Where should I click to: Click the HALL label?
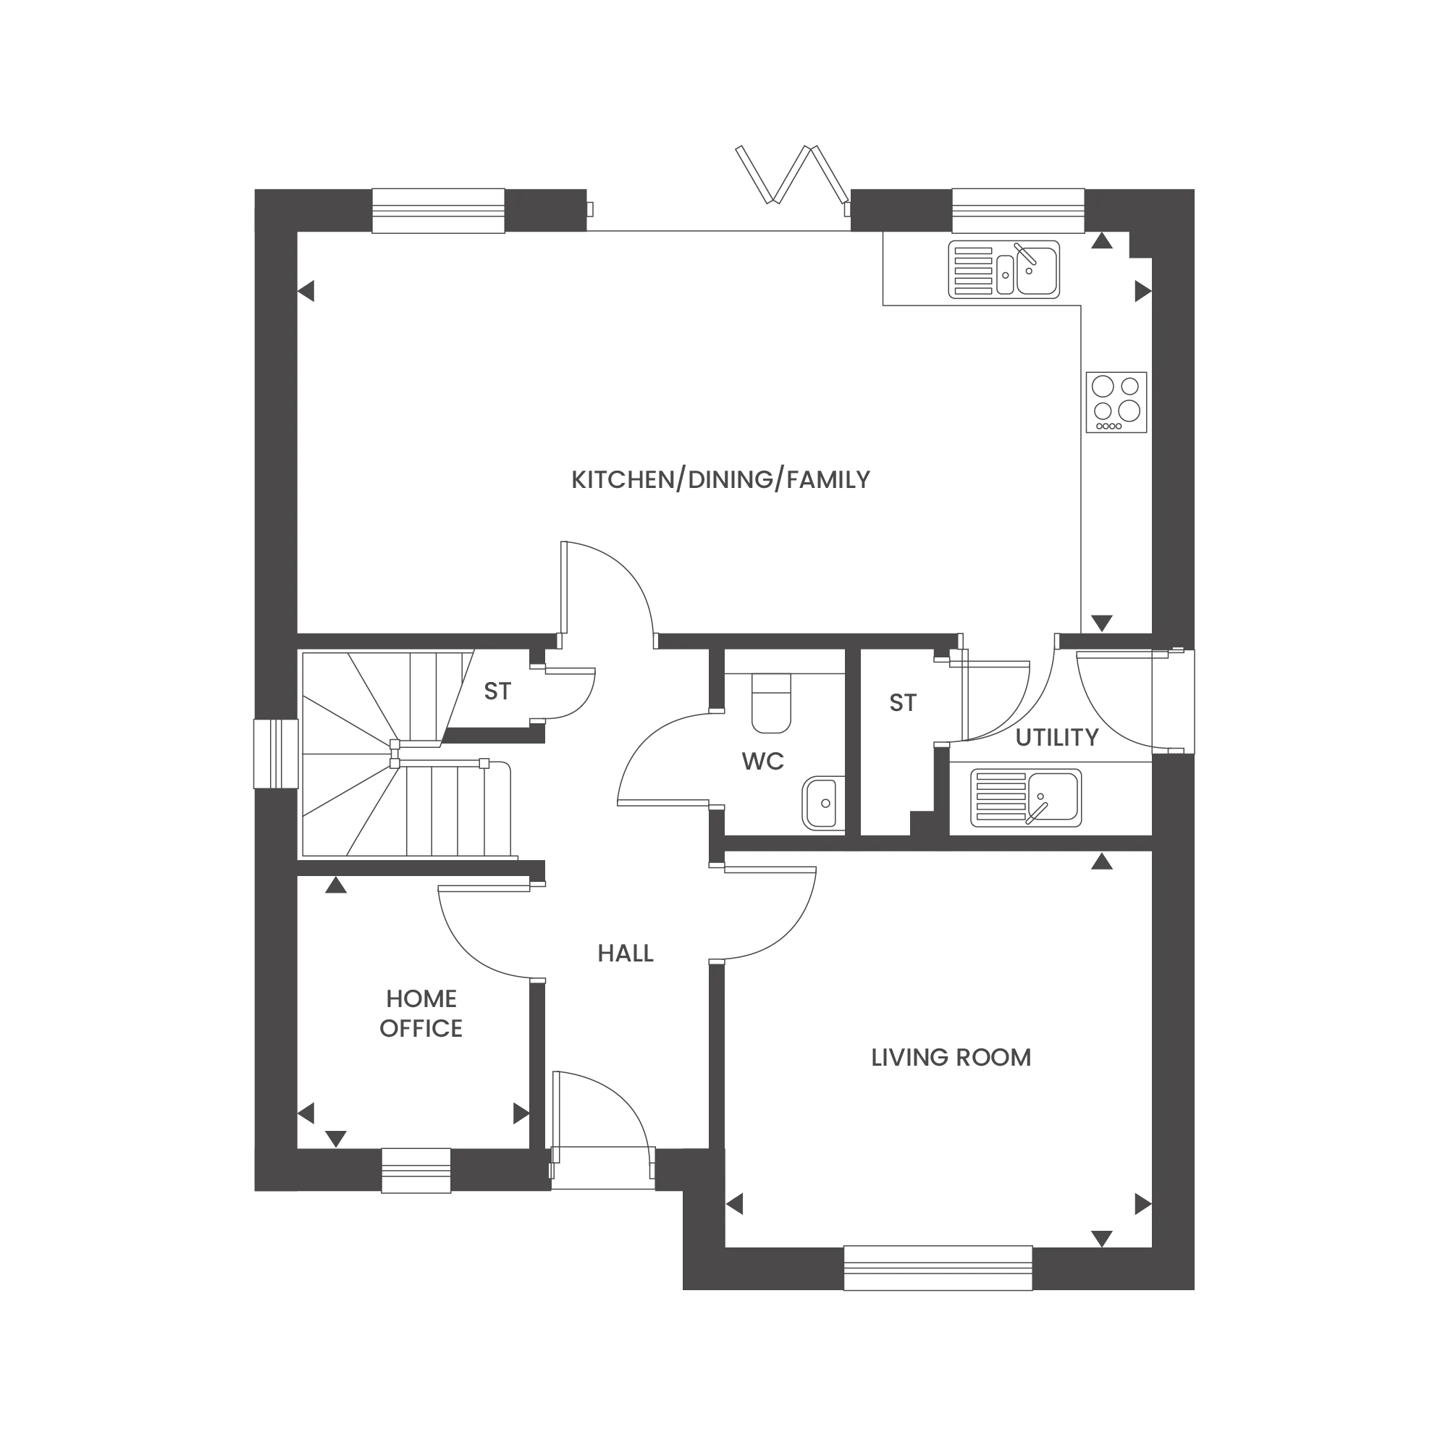[x=625, y=954]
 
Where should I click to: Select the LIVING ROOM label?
[x=949, y=1058]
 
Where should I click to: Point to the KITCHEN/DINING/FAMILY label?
[x=720, y=481]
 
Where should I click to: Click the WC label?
[x=764, y=760]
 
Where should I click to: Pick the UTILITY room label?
[x=1056, y=738]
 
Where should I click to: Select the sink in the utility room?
[x=1024, y=794]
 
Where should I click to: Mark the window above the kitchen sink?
[x=1019, y=211]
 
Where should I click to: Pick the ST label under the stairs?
[x=496, y=690]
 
